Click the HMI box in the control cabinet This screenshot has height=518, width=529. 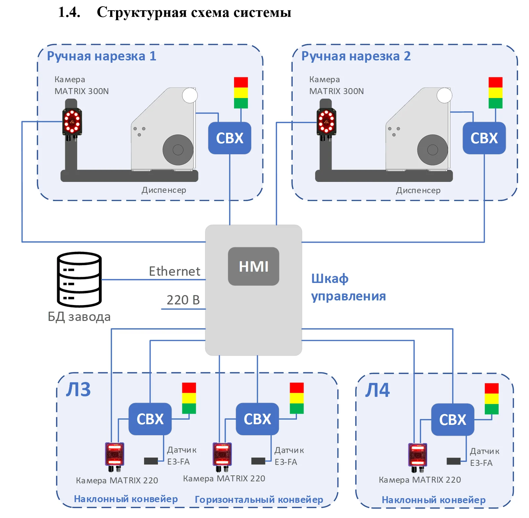254,266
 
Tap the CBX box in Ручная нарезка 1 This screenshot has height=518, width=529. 229,138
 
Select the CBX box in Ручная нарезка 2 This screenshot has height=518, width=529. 484,138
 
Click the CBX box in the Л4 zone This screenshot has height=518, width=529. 453,420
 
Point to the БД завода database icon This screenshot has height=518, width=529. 79,280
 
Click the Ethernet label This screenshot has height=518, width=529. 174,271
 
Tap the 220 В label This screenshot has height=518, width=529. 183,300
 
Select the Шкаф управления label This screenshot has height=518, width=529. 348,287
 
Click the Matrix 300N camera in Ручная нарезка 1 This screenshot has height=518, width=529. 72,122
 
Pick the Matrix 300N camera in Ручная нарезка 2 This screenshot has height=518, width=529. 326,122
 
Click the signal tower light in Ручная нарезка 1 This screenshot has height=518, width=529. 241,93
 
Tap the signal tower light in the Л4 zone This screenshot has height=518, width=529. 492,399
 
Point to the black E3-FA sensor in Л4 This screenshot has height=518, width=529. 454,461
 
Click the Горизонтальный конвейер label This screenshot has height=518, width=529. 259,499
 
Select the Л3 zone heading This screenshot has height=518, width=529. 78,389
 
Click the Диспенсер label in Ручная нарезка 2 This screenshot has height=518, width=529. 418,190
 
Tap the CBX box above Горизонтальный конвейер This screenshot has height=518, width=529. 257,419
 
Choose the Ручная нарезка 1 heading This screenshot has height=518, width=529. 102,56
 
